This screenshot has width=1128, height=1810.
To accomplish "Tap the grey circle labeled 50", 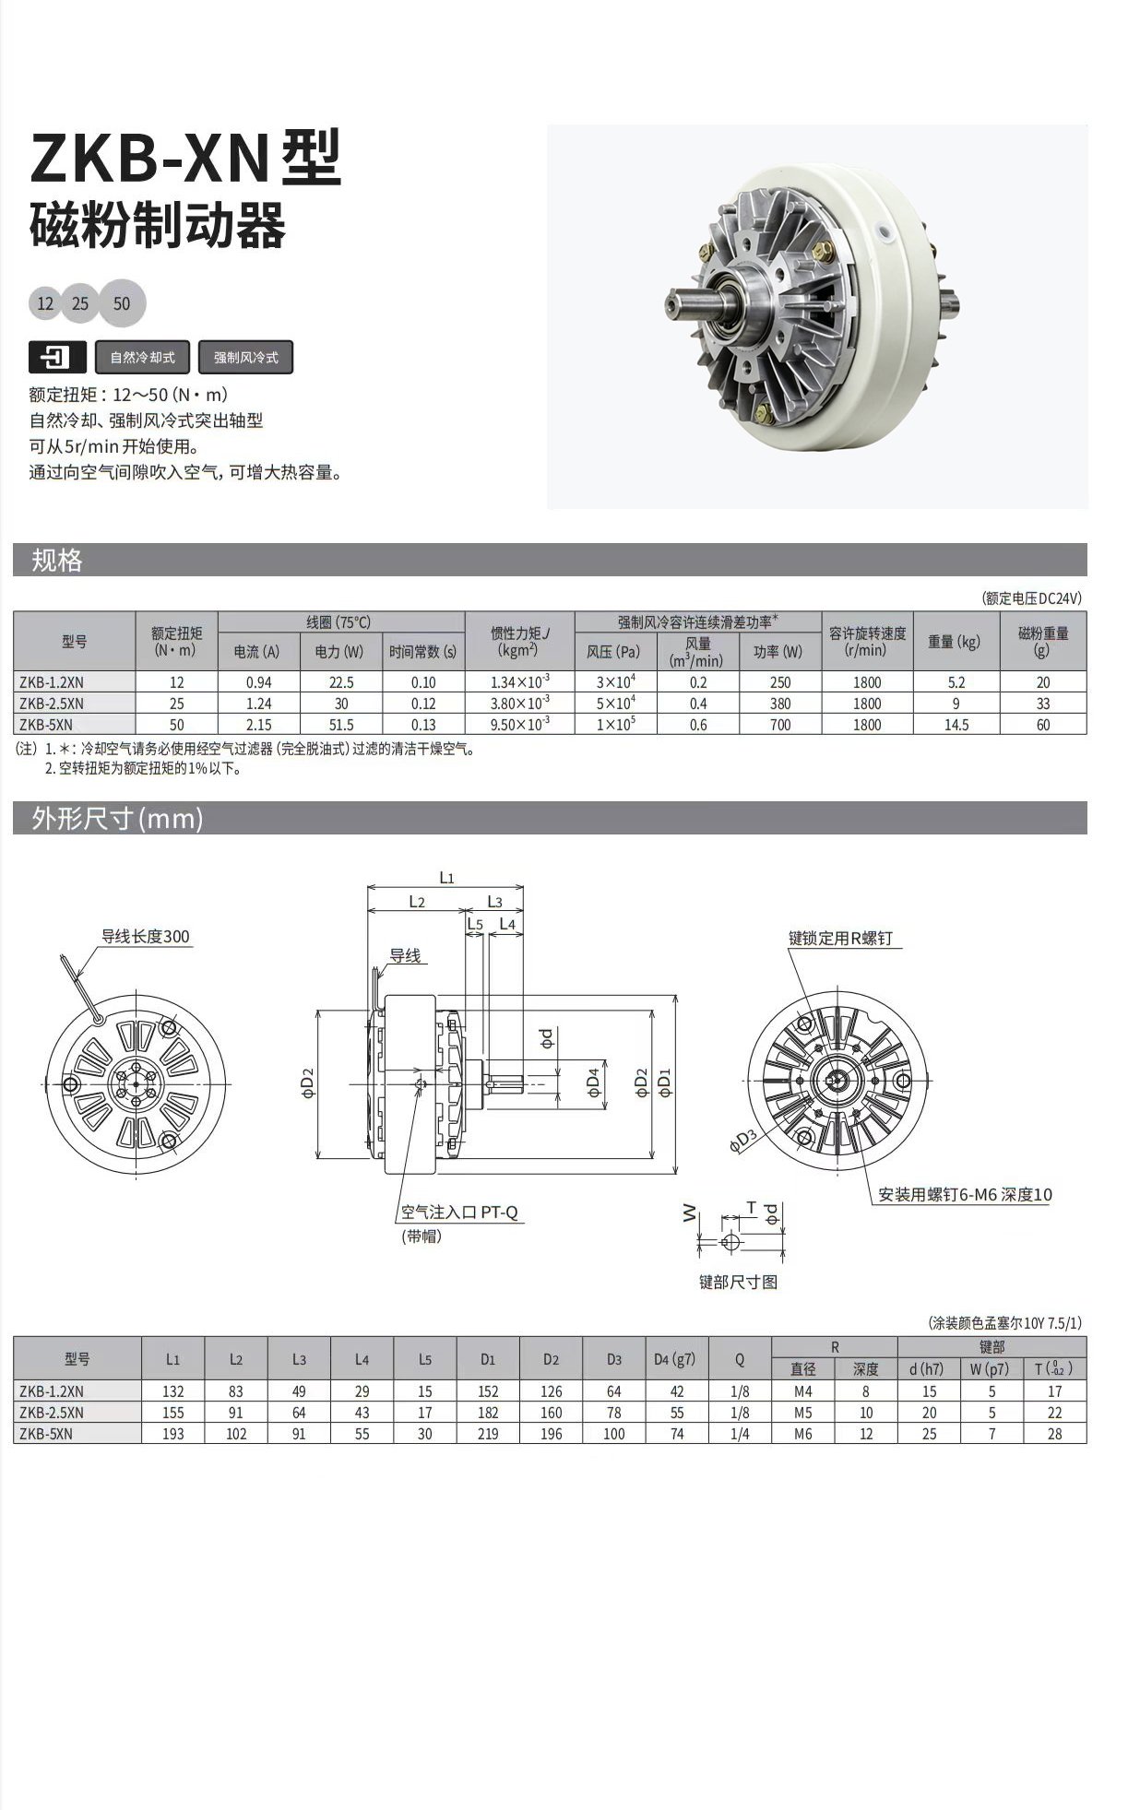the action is point(122,303).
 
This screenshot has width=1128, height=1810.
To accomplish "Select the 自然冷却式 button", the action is point(143,357).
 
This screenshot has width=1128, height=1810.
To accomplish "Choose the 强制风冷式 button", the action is point(245,357).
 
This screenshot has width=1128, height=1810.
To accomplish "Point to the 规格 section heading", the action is point(57,560).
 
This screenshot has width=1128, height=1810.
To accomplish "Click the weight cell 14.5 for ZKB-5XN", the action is point(956,725).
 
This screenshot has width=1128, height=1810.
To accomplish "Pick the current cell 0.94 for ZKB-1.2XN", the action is point(259,682).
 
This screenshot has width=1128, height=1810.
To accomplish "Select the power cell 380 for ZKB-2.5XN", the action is point(780,704).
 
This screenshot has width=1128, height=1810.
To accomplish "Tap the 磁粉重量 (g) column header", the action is point(1043,642).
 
